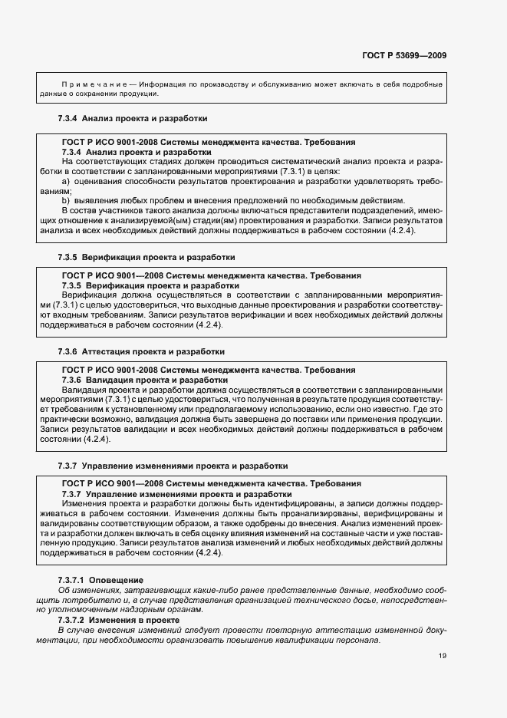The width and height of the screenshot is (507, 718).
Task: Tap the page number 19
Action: coord(443,656)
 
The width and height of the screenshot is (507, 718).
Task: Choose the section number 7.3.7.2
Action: coord(73,618)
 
